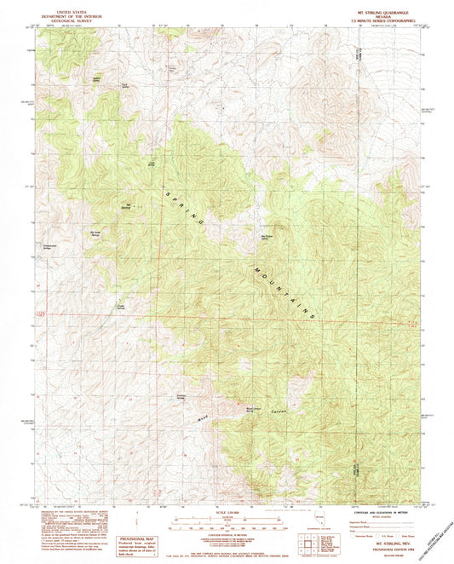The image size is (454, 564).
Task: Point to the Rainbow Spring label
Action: (181, 397)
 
